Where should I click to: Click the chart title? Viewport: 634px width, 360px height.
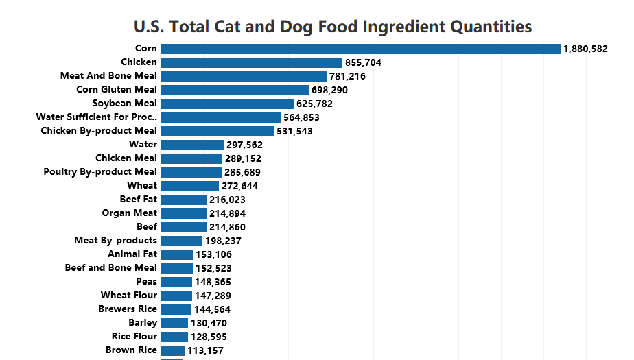coord(333,27)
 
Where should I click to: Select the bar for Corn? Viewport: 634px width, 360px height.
coord(360,49)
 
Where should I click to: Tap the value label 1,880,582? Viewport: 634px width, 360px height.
coord(585,49)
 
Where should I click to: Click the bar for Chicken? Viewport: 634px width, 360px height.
coord(251,62)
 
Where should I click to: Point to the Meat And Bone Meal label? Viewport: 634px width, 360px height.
coord(108,76)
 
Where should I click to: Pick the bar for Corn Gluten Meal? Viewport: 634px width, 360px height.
coord(235,90)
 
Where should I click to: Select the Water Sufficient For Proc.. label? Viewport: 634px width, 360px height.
coord(97,117)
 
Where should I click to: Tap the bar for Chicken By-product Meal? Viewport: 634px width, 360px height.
coord(218,131)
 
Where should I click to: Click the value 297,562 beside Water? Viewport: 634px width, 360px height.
coord(244,145)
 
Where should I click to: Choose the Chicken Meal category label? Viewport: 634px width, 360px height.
coord(126,158)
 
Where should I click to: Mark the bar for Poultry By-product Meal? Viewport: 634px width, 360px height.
coord(191,172)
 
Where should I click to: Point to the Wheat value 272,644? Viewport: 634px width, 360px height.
coord(239,186)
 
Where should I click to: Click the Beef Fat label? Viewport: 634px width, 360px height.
coord(139,200)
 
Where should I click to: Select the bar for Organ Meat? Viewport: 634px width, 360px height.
coord(183,213)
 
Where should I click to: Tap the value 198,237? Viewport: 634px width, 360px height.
coord(223,241)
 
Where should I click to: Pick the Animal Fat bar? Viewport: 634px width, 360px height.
coord(177,254)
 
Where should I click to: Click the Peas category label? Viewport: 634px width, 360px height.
coord(147,282)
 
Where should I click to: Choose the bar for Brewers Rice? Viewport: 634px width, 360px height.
coord(176,309)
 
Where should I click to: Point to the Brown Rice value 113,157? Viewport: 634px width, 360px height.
coord(205,350)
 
